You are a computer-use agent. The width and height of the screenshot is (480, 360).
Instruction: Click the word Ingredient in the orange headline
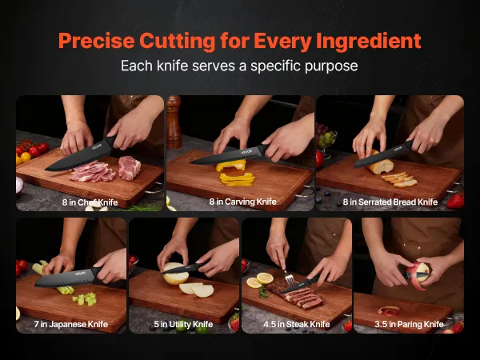click(369, 42)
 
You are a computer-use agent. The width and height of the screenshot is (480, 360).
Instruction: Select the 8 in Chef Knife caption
click(90, 202)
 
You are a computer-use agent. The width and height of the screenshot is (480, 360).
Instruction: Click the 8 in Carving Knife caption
click(242, 202)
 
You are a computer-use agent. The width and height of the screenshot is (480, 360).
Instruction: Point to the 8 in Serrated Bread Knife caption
click(390, 202)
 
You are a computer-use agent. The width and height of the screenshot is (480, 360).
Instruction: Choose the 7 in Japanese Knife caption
click(71, 324)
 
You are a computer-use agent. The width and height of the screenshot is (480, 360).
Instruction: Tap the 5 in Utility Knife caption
click(183, 324)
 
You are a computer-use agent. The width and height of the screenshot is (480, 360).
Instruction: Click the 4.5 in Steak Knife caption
click(297, 324)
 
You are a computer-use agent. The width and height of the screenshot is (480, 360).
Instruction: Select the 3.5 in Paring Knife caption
click(410, 324)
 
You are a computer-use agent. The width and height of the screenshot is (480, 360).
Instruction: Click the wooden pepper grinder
click(174, 122)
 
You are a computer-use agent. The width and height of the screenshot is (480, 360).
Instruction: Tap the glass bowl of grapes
click(326, 139)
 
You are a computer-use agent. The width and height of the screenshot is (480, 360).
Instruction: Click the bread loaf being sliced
click(381, 163)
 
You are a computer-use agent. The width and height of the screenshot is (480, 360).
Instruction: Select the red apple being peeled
click(418, 274)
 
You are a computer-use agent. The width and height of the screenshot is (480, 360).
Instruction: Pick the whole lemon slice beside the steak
click(265, 278)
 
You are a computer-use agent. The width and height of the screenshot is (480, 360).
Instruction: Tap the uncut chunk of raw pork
click(129, 168)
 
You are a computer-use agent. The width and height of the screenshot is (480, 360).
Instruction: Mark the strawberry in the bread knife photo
click(456, 201)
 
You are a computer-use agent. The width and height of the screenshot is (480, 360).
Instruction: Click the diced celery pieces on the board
click(85, 298)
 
